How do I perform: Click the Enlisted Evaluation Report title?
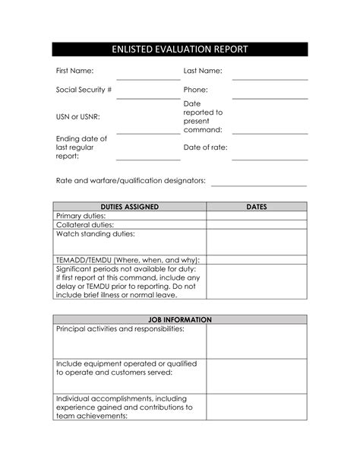pos(180,49)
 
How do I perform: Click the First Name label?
pos(75,71)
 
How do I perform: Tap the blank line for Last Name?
pos(270,77)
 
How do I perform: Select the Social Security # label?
pos(84,90)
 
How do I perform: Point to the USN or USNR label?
pos(78,116)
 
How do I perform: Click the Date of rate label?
pos(205,147)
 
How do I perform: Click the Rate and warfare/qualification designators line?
pos(258,183)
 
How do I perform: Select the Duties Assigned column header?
pos(130,206)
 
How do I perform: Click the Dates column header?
pos(257,206)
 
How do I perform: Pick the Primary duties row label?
pos(81,216)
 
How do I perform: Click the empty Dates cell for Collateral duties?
pos(257,225)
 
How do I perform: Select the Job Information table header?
pos(180,320)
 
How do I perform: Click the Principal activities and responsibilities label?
pos(120,330)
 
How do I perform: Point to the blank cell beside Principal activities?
pos(257,341)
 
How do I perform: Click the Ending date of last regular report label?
pos(81,147)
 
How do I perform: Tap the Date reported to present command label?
pos(203,116)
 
